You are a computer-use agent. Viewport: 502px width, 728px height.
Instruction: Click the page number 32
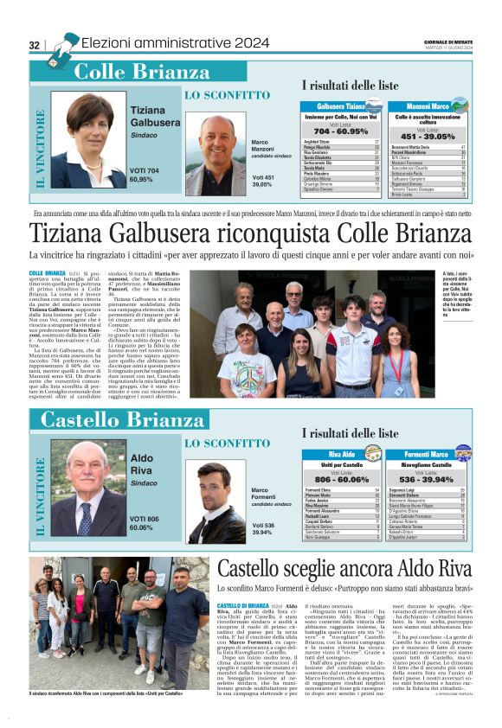(x=35, y=45)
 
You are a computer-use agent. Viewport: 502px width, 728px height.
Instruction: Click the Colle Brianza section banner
(x=149, y=73)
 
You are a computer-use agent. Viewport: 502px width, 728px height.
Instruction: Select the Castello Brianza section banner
(x=121, y=421)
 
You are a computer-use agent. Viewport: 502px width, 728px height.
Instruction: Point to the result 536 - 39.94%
(x=426, y=478)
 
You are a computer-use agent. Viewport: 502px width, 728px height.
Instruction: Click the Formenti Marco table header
(x=426, y=454)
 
